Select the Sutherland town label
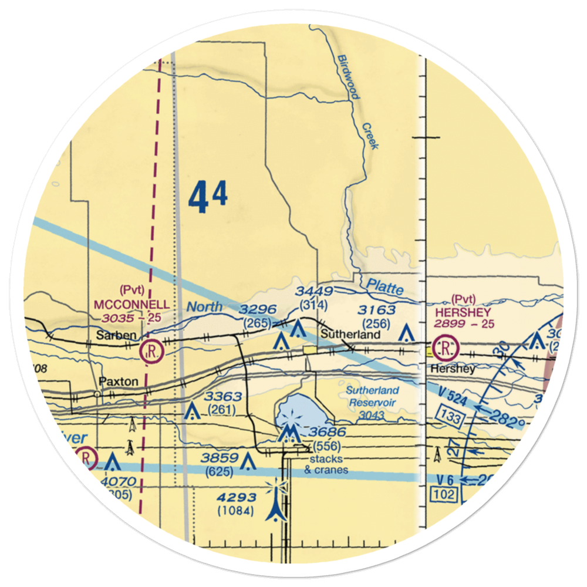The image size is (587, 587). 350,335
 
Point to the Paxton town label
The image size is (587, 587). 119,382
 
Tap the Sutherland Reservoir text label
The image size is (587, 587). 372,396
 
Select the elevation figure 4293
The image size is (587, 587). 236,498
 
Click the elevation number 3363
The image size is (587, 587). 224,398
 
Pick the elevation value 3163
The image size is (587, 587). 378,310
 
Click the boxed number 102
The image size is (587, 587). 445,494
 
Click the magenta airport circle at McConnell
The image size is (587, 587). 151,352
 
